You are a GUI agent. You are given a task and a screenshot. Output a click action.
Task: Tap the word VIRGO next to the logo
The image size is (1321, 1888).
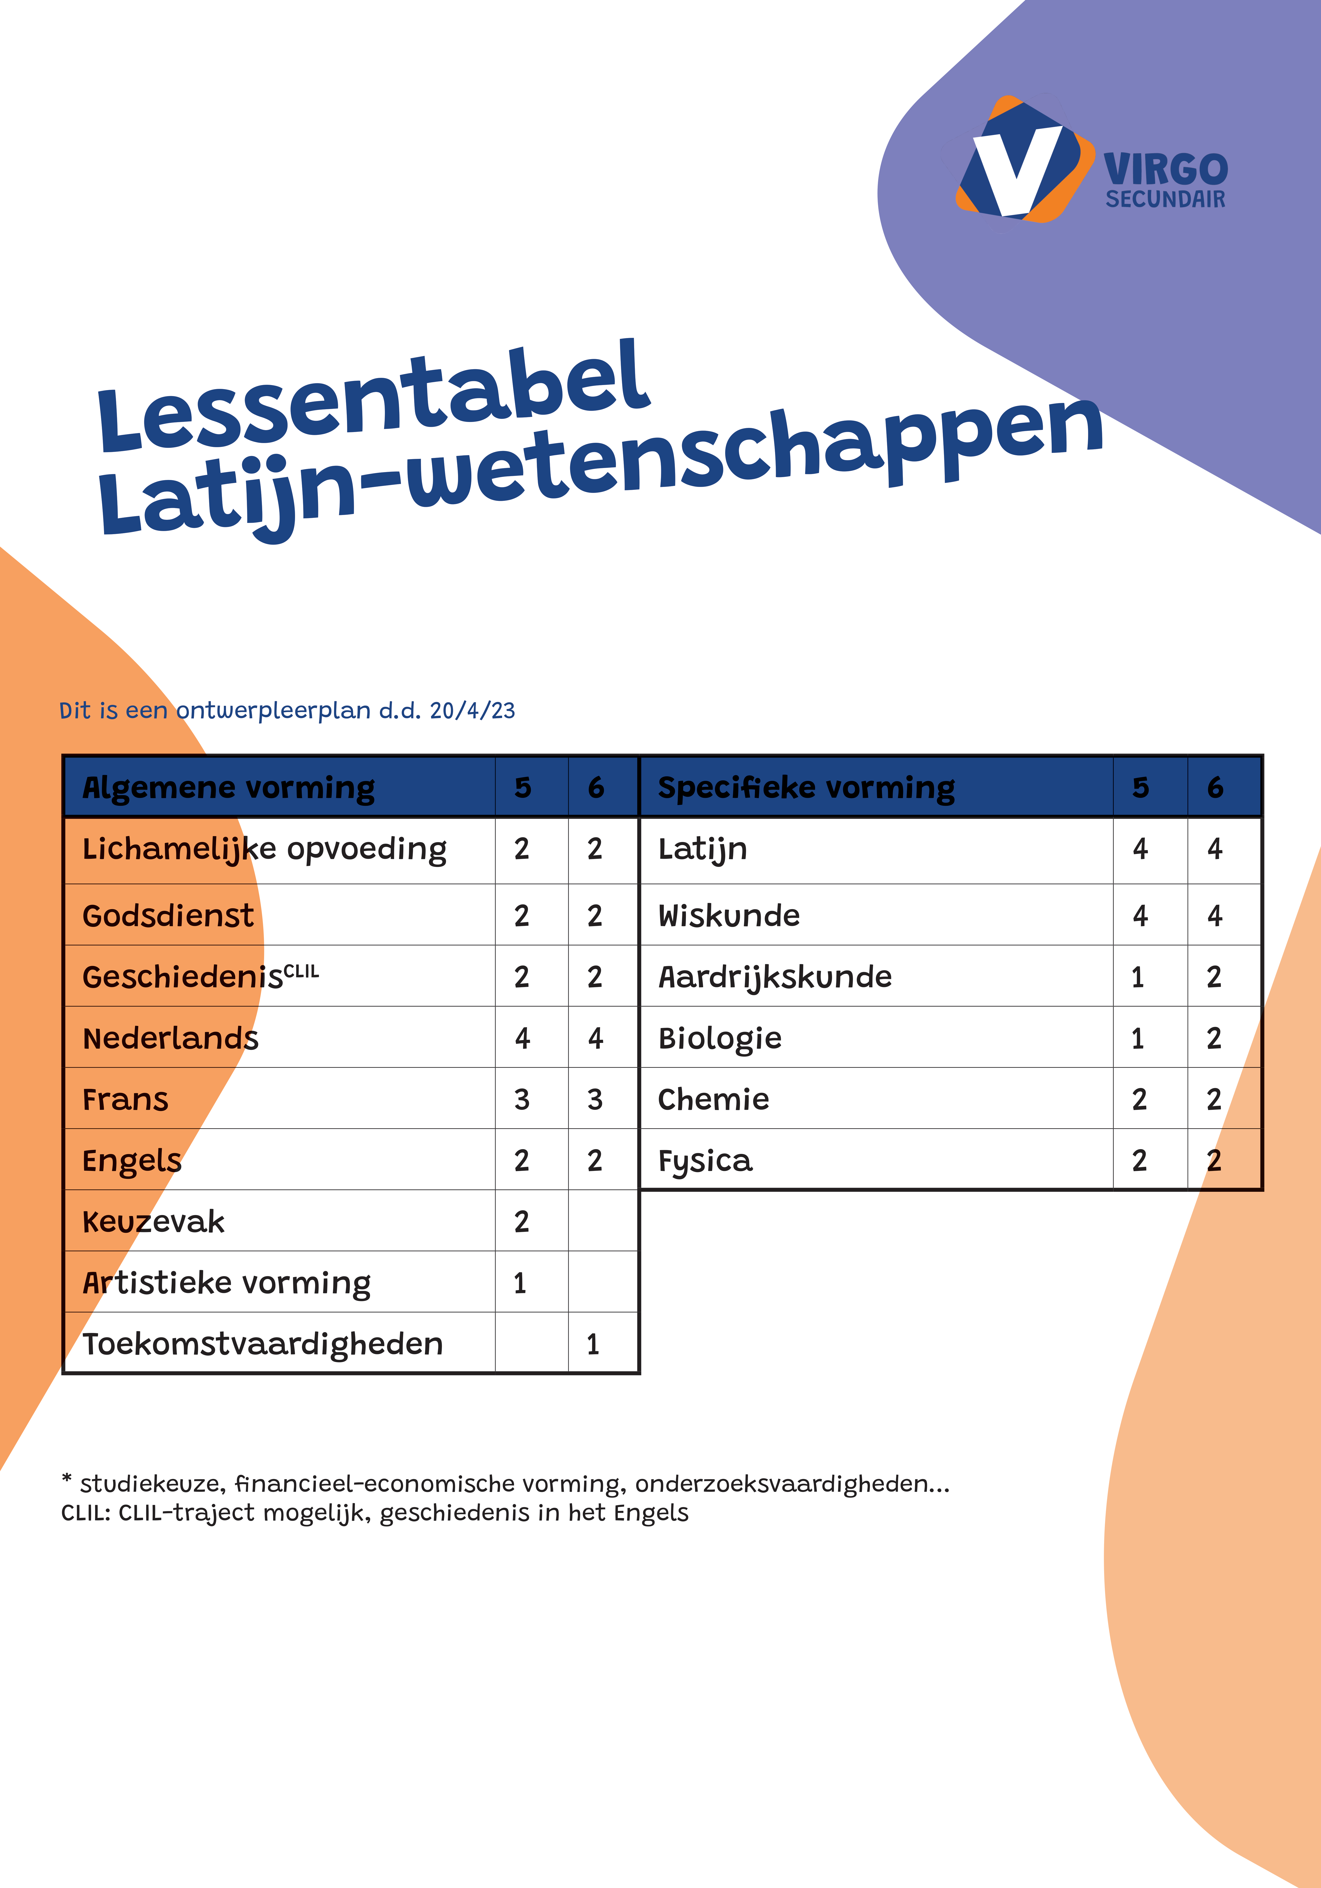pyautogui.click(x=1166, y=170)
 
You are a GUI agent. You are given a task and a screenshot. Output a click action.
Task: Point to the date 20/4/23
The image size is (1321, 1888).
pyautogui.click(x=473, y=710)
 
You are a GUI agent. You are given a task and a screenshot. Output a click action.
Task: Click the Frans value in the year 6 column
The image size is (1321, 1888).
pyautogui.click(x=595, y=1099)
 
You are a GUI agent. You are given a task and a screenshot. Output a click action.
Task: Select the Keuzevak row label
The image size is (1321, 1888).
pyautogui.click(x=154, y=1222)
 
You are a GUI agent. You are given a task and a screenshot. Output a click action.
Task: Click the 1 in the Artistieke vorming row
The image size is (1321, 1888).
pyautogui.click(x=520, y=1283)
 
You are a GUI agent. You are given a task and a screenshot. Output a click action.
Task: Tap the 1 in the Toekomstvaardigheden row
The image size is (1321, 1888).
pyautogui.click(x=593, y=1344)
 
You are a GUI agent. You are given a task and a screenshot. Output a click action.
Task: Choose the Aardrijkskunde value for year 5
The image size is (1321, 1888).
pyautogui.click(x=1138, y=977)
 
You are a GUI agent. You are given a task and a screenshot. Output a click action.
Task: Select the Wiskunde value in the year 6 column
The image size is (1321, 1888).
pyautogui.click(x=1215, y=915)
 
